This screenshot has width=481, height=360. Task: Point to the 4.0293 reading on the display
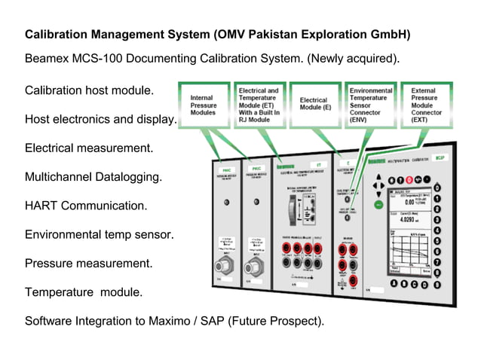410,221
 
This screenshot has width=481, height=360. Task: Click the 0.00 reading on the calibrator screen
410,202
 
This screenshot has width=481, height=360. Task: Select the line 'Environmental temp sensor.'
100,234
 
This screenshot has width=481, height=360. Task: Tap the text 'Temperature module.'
84,291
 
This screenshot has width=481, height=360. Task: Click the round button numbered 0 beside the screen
438,186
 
